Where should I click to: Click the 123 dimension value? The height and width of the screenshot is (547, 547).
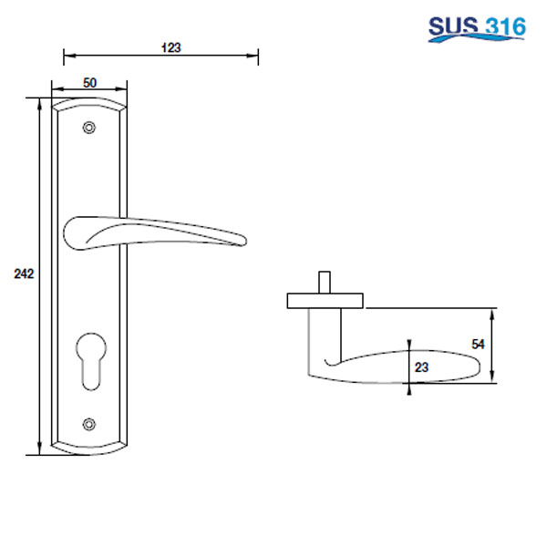click(169, 48)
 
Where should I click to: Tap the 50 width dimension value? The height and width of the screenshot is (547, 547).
click(89, 82)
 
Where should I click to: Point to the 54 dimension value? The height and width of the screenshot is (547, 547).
click(477, 344)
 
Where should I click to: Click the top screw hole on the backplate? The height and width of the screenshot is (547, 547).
click(88, 129)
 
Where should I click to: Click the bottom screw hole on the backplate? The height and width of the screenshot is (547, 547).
click(88, 423)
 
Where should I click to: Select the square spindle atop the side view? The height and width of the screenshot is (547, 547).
click(324, 282)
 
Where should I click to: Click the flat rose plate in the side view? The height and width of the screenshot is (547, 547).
click(325, 300)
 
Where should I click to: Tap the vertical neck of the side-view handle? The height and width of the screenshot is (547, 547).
click(324, 337)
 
